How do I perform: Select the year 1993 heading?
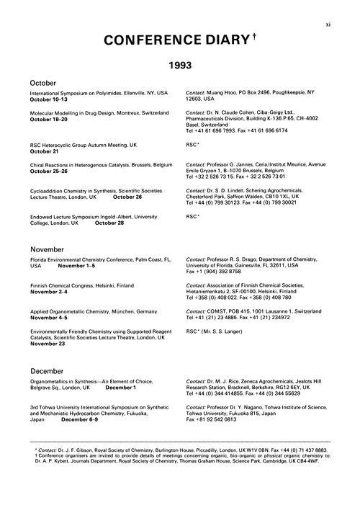(x=179, y=65)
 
